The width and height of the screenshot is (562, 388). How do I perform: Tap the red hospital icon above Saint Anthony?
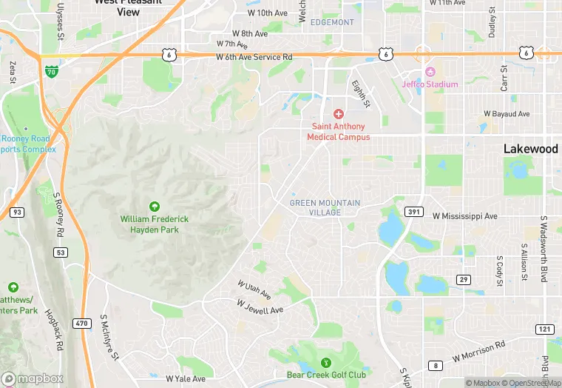click(339, 114)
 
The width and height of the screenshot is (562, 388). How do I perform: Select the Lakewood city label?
click(530, 149)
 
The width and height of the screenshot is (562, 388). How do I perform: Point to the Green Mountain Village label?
click(325, 207)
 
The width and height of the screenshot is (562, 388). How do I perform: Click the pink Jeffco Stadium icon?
click(430, 72)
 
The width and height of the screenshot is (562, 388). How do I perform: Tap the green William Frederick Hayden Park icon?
click(155, 207)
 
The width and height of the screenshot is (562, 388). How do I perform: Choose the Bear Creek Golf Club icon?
click(326, 362)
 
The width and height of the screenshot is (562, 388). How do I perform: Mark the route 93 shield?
click(16, 213)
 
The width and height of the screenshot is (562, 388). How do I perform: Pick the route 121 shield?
click(544, 328)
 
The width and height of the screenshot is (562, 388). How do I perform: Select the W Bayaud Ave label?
click(507, 114)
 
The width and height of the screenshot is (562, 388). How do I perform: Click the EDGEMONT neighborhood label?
click(332, 22)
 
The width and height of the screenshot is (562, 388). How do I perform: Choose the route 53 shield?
click(60, 252)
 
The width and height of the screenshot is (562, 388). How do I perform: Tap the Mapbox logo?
click(33, 378)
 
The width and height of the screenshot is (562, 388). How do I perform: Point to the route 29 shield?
click(464, 279)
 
